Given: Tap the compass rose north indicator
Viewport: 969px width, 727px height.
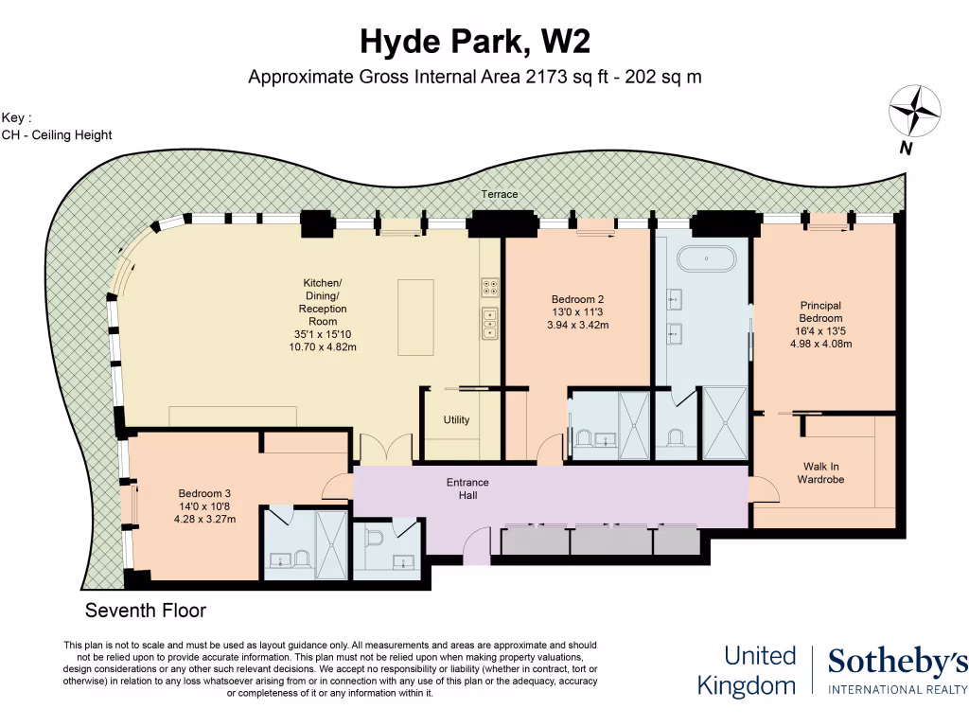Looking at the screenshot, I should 914,111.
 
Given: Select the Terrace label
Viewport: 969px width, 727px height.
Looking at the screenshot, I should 499,194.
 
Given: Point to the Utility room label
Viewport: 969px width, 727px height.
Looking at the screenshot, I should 456,419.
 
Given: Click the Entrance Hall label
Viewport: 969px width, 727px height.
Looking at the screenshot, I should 462,488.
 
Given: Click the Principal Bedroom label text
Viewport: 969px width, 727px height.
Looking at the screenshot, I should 820,312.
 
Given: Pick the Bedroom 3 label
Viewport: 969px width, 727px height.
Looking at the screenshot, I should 204,493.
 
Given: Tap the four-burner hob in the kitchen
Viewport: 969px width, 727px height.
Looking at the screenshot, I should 491,286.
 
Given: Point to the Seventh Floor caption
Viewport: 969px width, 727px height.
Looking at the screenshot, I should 146,611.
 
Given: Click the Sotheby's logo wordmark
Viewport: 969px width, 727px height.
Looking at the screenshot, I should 897,664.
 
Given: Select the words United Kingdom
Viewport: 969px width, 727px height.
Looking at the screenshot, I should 747,670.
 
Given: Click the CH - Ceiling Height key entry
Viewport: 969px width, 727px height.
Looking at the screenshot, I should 57,134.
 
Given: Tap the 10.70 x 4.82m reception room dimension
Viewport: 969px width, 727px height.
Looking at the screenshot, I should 323,346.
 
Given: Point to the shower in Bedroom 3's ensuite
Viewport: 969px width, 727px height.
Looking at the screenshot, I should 331,543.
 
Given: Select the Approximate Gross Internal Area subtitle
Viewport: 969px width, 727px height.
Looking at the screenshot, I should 474,78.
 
